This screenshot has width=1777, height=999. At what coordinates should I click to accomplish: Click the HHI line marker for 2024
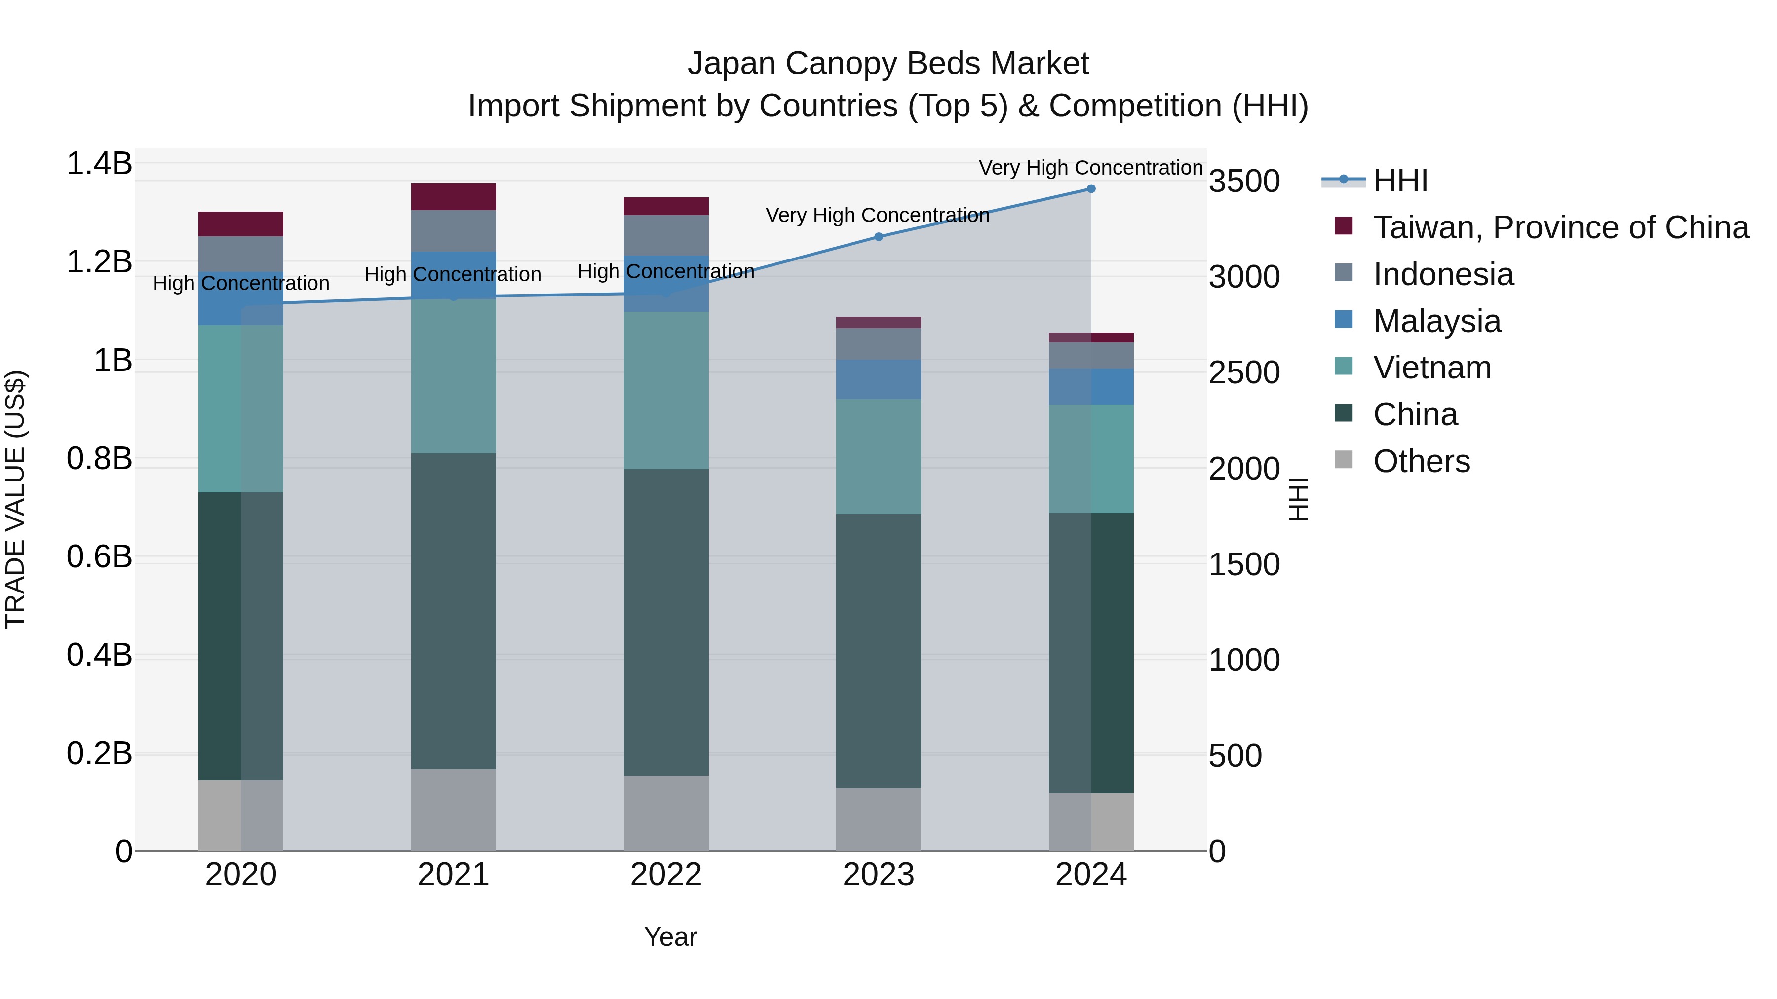tap(1090, 189)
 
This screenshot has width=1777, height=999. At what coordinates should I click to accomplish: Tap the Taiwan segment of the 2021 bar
tap(453, 196)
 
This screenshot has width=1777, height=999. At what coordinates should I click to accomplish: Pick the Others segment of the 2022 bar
tap(666, 813)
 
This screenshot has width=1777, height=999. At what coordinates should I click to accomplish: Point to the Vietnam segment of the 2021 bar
tap(453, 376)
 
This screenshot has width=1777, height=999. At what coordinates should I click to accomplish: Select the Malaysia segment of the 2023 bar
tap(878, 379)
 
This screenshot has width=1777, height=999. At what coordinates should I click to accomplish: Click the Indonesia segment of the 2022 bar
tap(666, 235)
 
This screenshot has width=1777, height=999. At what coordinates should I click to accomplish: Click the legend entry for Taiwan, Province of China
tap(1560, 227)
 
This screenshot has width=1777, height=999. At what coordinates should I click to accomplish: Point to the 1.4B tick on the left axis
tap(99, 164)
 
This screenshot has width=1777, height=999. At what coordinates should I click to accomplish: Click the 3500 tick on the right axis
tap(1244, 182)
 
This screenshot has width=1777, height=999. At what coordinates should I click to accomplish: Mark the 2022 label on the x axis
tap(666, 875)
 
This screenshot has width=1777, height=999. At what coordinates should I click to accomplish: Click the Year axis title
tap(670, 937)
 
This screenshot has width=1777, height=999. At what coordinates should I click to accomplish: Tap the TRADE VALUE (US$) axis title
tap(15, 499)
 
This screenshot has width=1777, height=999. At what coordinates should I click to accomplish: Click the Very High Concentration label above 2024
tap(1090, 168)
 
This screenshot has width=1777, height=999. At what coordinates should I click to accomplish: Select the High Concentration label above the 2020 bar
tap(241, 283)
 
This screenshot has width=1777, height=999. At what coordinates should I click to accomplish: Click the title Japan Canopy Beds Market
tap(888, 64)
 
